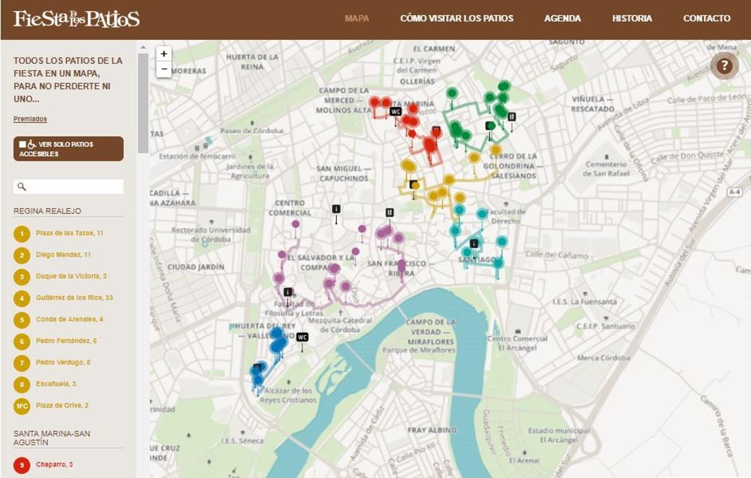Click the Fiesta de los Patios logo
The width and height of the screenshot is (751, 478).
pos(76,19)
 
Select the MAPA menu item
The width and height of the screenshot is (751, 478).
pos(357,18)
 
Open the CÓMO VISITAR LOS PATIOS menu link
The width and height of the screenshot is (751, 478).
pos(456,18)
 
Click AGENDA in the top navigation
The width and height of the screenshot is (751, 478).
pos(562,18)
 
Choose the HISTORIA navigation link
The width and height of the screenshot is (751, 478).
pos(631,18)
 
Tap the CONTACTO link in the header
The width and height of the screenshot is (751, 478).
pos(707,18)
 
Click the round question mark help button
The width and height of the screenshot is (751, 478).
pos(724,66)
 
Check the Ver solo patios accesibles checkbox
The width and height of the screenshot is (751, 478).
pos(23,145)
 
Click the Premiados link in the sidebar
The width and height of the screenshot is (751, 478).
pos(30,119)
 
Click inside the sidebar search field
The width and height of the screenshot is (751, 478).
pos(74,186)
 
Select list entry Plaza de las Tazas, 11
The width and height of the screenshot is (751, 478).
pos(69,233)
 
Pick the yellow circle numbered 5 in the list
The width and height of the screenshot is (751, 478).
pos(22,319)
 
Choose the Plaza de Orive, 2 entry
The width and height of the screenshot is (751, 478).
pos(62,405)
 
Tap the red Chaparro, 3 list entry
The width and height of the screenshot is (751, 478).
pos(54,464)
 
